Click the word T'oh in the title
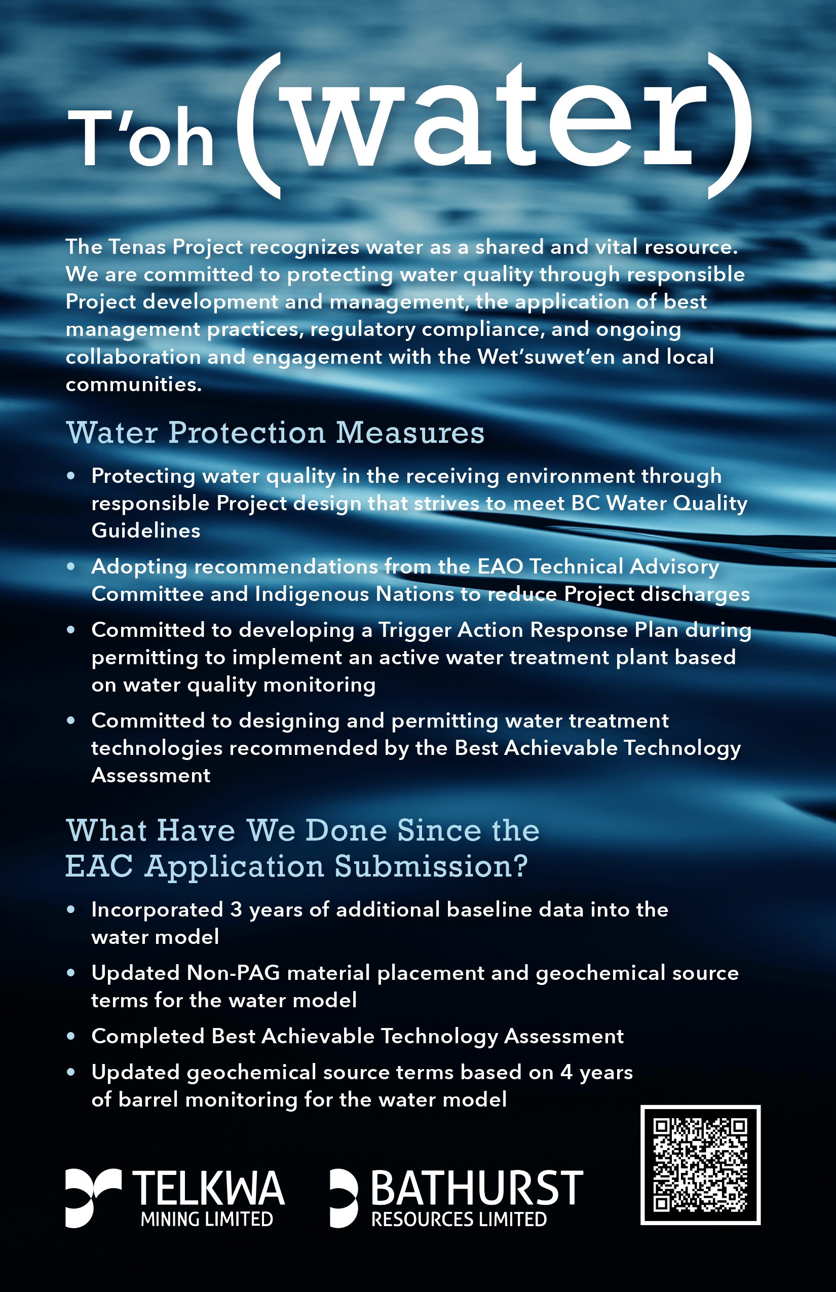140,137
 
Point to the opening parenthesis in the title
258,126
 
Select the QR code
700,1165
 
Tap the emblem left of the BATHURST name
343,1197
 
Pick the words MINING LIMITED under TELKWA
207,1219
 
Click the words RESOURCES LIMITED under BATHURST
459,1219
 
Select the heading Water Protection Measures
275,433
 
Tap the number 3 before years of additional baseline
236,909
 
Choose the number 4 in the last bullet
566,1072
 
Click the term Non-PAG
233,973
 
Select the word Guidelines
146,530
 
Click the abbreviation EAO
500,566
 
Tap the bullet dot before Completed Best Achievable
70,1036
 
